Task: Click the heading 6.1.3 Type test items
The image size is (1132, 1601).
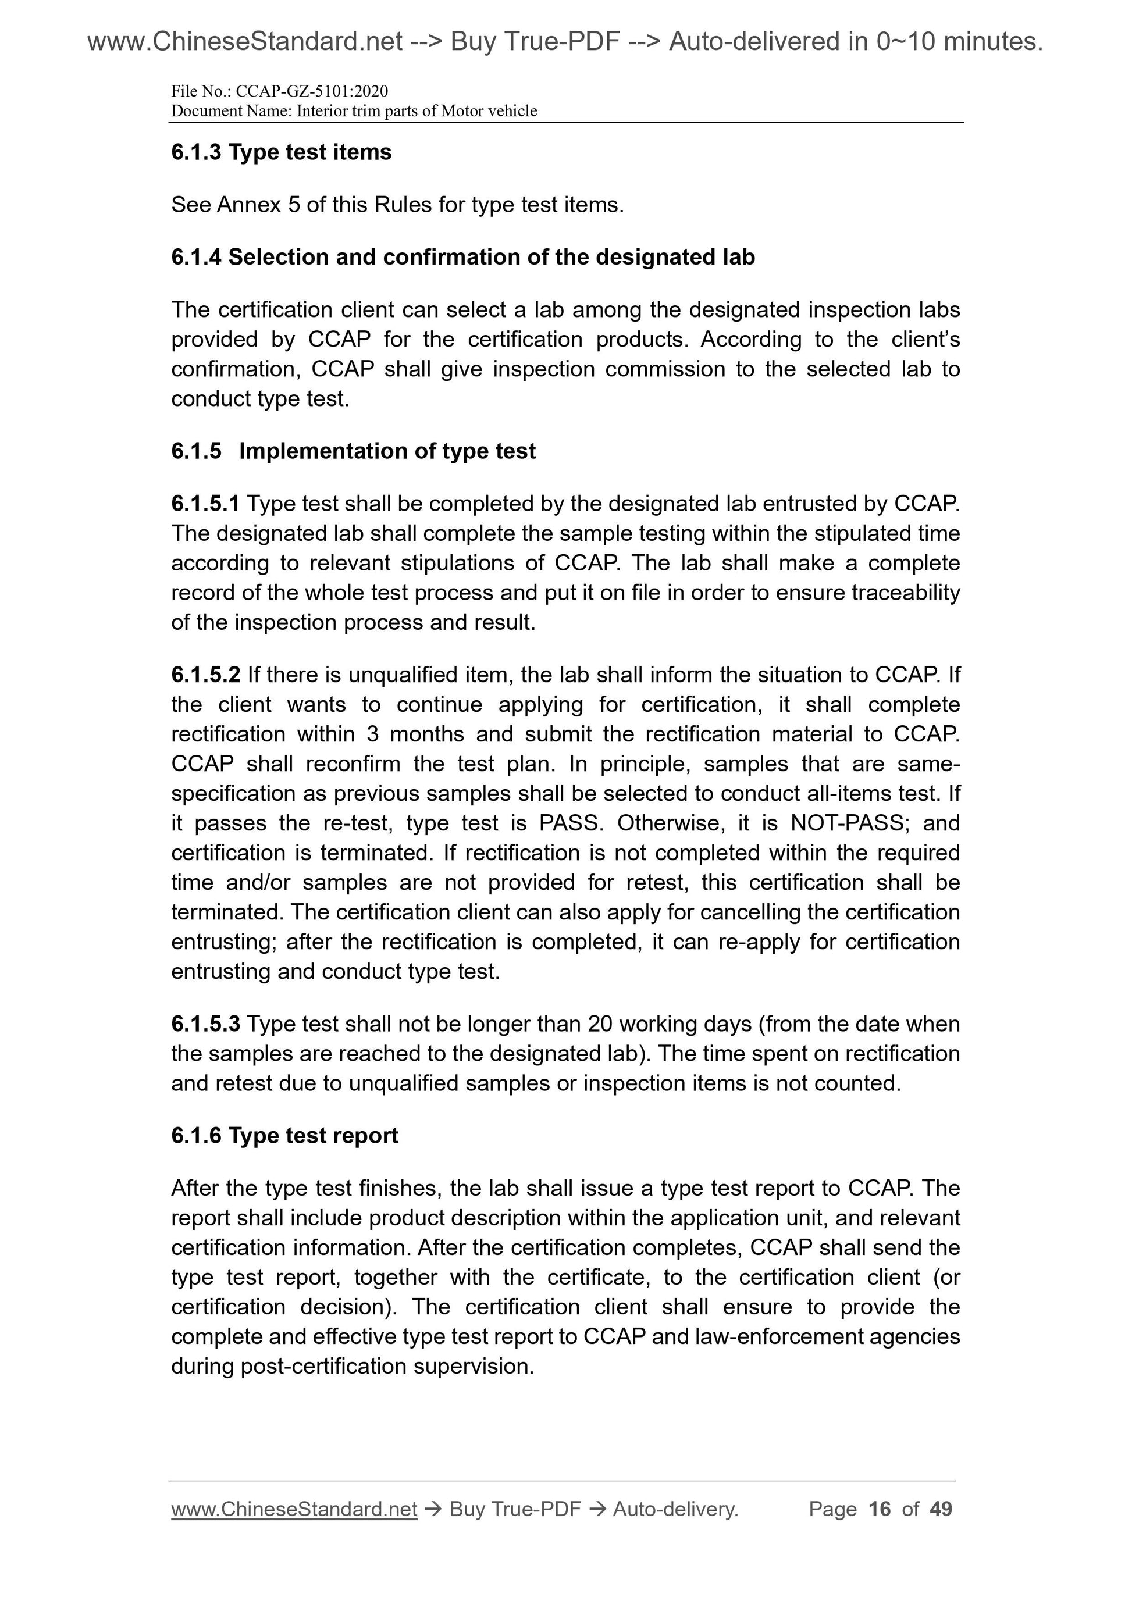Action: point(281,152)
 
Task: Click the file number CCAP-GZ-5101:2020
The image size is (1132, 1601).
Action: point(312,91)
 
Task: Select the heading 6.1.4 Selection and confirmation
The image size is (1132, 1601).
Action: point(463,257)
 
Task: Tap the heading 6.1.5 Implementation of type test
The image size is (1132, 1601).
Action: point(353,451)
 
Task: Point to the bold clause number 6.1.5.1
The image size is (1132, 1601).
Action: point(205,504)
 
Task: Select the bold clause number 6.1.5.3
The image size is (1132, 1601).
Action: point(206,1024)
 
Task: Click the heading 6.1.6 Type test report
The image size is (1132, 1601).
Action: point(284,1136)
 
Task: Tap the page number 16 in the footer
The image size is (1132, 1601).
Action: point(880,1509)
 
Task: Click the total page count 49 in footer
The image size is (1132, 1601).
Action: point(941,1509)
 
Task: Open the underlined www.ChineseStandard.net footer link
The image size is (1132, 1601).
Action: point(294,1509)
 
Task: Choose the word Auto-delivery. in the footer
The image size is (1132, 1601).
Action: point(675,1509)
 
